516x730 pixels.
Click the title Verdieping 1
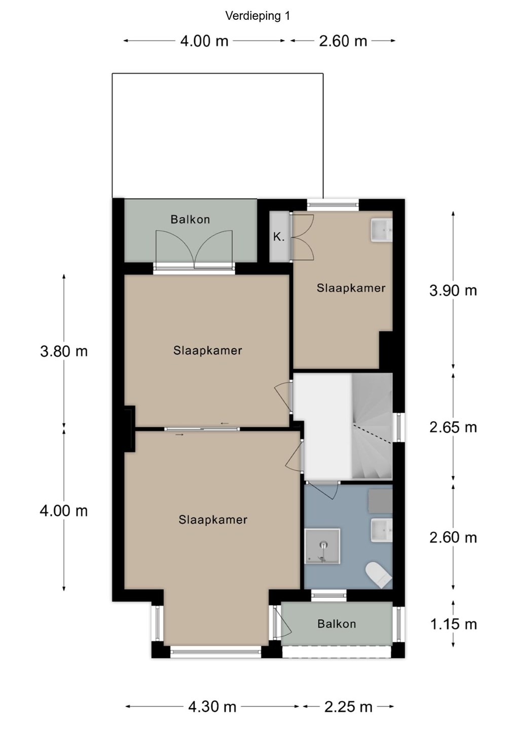pos(257,16)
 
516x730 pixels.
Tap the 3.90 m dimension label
pos(453,290)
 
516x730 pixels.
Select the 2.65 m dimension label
pos(453,427)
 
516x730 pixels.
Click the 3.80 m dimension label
pos(64,351)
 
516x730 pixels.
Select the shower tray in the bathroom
pos(322,546)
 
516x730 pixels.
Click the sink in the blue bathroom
pos(382,531)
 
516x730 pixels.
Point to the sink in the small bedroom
pos(382,230)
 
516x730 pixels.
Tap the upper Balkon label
pos(190,220)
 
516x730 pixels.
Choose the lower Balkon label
pos(337,624)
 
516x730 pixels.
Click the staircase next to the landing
pos(372,427)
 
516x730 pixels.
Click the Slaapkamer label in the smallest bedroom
pos(351,288)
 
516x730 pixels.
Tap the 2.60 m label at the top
pos(343,41)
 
